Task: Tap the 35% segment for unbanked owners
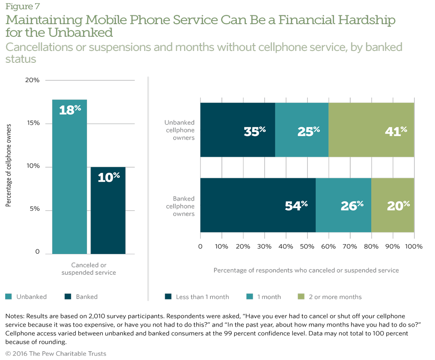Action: [238, 130]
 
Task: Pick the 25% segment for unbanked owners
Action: [302, 130]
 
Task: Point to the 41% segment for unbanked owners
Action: [371, 130]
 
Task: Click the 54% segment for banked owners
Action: [258, 205]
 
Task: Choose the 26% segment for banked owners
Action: [344, 205]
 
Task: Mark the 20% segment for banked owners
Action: [393, 205]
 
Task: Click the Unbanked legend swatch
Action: [8, 297]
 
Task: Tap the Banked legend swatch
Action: [68, 297]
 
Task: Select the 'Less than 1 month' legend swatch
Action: [168, 297]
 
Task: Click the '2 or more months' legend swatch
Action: [301, 297]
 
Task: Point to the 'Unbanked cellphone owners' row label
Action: [180, 130]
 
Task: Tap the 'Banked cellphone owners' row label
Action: [180, 206]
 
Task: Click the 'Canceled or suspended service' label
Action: [89, 269]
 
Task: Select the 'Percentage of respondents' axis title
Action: [306, 270]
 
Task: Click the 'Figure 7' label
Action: [19, 7]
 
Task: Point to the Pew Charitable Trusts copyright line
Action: [56, 353]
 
